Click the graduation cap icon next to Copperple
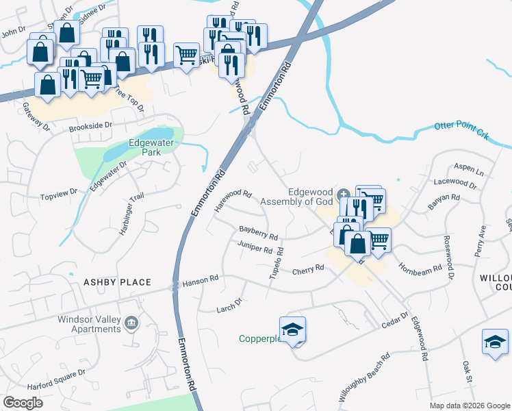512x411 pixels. [292, 329]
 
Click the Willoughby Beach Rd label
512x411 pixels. [365, 377]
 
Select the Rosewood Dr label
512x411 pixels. [449, 251]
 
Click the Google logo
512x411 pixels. [23, 403]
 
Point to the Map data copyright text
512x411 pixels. [469, 406]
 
